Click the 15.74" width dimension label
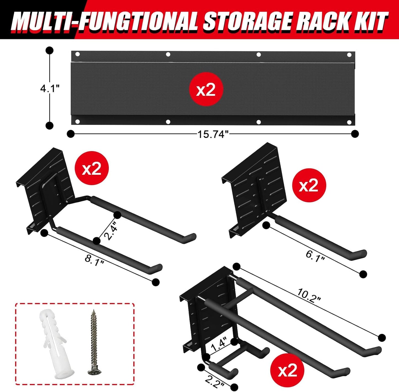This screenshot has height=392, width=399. pos(213,134)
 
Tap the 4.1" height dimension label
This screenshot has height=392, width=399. pos(50,88)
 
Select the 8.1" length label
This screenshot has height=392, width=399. pos(94,260)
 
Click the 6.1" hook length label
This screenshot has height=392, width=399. pos(315,256)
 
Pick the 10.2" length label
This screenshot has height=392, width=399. pos(309,296)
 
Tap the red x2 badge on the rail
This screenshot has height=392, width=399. pos(206,90)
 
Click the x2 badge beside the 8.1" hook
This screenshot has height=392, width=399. pos(92,168)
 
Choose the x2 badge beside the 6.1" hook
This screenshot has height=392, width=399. pos(309,186)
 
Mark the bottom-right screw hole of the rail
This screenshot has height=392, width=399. pos(349,122)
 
